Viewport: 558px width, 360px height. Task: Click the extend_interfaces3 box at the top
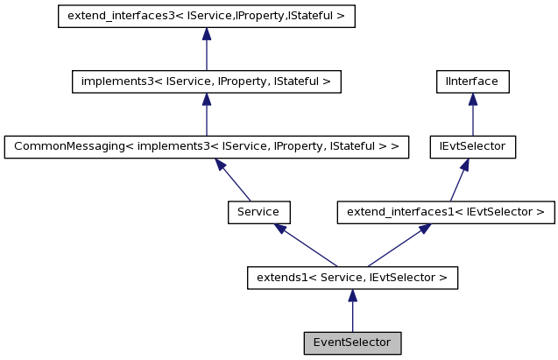point(206,17)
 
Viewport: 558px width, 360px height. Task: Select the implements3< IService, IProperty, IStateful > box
point(206,81)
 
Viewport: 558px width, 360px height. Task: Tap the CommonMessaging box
point(206,146)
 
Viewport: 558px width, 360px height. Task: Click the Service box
point(258,211)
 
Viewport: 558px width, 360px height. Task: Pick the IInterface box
point(473,81)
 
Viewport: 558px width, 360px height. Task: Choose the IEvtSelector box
point(473,146)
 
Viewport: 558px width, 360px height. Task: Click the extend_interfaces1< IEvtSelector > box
point(446,211)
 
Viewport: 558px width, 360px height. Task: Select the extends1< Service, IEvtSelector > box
point(352,278)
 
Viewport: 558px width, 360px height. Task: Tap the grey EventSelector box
point(352,342)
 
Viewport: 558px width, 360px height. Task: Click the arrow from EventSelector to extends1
point(352,310)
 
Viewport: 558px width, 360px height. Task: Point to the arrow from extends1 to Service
point(306,244)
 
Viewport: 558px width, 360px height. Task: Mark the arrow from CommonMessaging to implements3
point(206,114)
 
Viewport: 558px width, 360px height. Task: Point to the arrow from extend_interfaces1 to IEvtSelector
point(459,179)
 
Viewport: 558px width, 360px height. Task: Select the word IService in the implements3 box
point(173,81)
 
